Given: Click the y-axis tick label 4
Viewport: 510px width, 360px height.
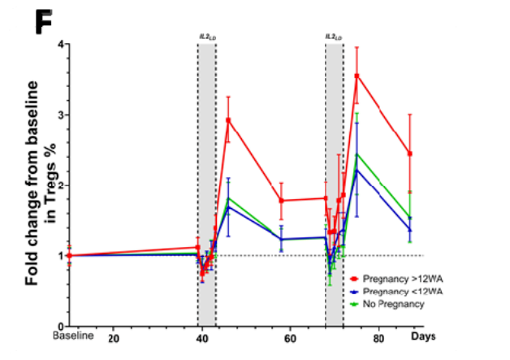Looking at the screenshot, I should point(59,44).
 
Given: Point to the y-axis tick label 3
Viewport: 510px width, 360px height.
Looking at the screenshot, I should point(59,115).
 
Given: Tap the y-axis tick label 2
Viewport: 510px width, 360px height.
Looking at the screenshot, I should point(59,185).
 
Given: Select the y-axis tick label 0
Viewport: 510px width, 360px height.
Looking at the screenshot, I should point(59,326).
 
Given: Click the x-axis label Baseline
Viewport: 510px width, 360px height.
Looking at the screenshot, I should point(73,336).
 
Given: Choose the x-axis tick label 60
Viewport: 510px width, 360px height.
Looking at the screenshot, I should point(290,337).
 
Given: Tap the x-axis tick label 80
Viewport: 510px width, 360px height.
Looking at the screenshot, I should point(378,337).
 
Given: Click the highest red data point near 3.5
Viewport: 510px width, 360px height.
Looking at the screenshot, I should point(357,76).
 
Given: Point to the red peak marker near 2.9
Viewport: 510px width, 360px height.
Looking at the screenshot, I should point(228,119).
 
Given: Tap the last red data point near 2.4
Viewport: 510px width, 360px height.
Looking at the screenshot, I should point(410,154).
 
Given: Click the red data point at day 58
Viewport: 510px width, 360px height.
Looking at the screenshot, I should point(281,200).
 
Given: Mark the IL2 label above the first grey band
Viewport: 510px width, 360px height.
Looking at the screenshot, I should point(206,37).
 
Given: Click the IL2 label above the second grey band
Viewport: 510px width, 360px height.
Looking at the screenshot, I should point(333,37).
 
